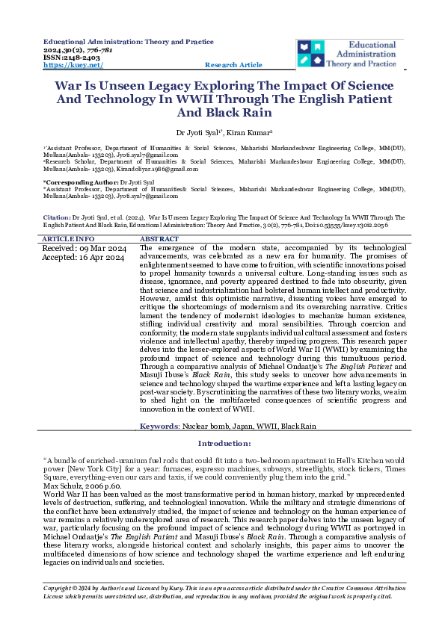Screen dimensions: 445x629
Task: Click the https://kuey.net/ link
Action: coord(66,66)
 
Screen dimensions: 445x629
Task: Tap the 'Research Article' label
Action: coord(233,66)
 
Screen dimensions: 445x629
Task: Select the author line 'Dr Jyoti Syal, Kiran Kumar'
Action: coord(222,131)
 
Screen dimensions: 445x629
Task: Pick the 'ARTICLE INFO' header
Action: coord(68,238)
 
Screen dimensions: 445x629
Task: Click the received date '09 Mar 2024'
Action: coord(104,248)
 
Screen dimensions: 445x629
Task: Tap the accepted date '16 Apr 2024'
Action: coord(104,258)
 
